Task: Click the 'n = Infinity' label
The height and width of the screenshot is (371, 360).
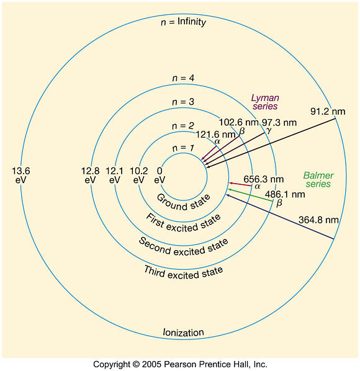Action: pyautogui.click(x=183, y=22)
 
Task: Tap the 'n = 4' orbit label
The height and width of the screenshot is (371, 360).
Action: pyautogui.click(x=183, y=78)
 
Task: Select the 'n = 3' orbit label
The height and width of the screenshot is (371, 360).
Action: pyautogui.click(x=183, y=102)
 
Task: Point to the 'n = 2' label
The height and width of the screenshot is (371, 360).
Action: pyautogui.click(x=183, y=126)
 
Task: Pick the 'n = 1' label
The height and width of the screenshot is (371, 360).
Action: pyautogui.click(x=183, y=148)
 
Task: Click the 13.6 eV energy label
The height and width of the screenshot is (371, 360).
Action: pyautogui.click(x=21, y=176)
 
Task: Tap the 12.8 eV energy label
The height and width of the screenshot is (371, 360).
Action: pyautogui.click(x=90, y=176)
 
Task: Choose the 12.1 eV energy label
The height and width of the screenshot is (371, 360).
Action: pyautogui.click(x=115, y=176)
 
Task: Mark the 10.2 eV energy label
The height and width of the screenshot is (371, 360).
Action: pyautogui.click(x=138, y=176)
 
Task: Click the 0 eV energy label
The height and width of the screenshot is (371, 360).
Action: pyautogui.click(x=160, y=176)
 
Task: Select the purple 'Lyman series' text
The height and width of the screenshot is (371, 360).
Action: pyautogui.click(x=265, y=102)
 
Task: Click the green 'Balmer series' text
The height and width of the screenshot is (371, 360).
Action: pyautogui.click(x=318, y=179)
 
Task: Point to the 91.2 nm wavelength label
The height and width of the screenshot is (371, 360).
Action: pyautogui.click(x=328, y=112)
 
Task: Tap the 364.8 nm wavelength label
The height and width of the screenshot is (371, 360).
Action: pyautogui.click(x=318, y=220)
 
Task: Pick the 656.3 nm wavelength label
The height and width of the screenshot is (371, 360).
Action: pyautogui.click(x=264, y=179)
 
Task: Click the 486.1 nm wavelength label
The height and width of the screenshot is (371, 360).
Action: pyautogui.click(x=285, y=194)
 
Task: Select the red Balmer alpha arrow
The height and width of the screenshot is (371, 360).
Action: pyautogui.click(x=240, y=184)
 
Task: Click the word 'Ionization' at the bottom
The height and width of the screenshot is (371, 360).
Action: pyautogui.click(x=184, y=333)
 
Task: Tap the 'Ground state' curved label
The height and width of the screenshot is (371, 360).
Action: pyautogui.click(x=184, y=203)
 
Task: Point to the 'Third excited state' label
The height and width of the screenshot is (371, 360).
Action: pyautogui.click(x=184, y=273)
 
